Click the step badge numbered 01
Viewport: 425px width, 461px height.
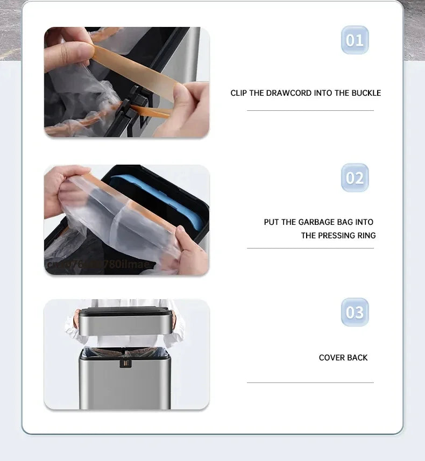point(355,40)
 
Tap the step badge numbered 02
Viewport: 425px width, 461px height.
point(355,178)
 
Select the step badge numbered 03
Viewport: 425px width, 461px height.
point(355,313)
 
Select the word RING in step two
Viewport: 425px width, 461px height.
point(366,236)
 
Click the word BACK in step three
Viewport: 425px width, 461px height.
point(358,358)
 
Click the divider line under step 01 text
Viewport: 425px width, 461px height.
point(310,111)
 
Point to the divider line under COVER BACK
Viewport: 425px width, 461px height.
point(310,382)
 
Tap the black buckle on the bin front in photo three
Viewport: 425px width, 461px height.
point(125,363)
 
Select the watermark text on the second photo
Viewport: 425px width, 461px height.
point(100,264)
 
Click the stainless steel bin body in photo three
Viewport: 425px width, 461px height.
point(125,385)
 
